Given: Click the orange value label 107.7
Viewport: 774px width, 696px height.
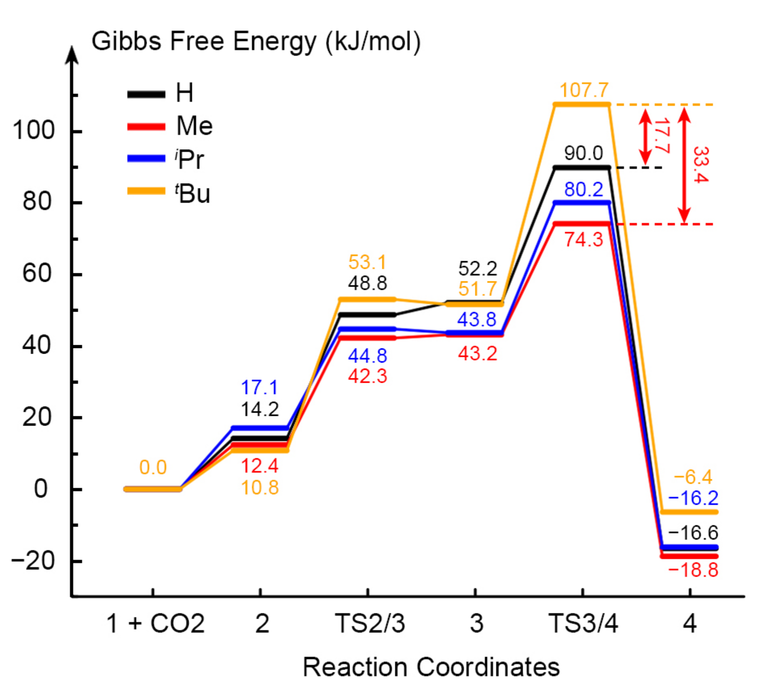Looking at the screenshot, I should point(584,90).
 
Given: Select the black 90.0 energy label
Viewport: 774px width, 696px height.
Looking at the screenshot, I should point(583,153).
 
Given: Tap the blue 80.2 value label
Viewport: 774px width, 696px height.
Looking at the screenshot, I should point(583,189).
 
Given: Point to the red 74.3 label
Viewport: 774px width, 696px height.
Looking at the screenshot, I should point(583,239).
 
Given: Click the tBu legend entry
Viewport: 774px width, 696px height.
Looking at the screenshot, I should point(169,193).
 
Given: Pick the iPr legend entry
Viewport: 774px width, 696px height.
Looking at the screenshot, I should point(166,159).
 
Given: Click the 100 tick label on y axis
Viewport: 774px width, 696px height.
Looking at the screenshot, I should point(34,131).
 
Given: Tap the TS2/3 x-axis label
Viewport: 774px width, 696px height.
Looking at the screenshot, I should point(370,623).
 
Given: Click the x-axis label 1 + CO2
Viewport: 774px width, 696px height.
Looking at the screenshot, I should point(155,623).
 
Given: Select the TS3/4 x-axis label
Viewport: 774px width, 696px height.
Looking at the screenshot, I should point(583,623).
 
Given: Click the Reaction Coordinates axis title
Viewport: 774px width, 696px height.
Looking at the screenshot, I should point(431,666).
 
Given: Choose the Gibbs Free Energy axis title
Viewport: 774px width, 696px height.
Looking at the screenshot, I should point(256,41).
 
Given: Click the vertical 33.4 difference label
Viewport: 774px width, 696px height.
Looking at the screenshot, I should point(701,165).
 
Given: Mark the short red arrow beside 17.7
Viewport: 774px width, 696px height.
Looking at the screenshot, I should point(645,136).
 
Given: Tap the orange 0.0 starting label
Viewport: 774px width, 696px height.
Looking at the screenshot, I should point(153,467).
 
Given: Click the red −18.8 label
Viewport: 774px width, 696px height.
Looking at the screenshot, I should point(693,570).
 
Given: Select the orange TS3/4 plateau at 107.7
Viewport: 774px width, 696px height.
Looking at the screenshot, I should point(582,105).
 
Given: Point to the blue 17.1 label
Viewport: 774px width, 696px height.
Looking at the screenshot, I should point(259,387).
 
